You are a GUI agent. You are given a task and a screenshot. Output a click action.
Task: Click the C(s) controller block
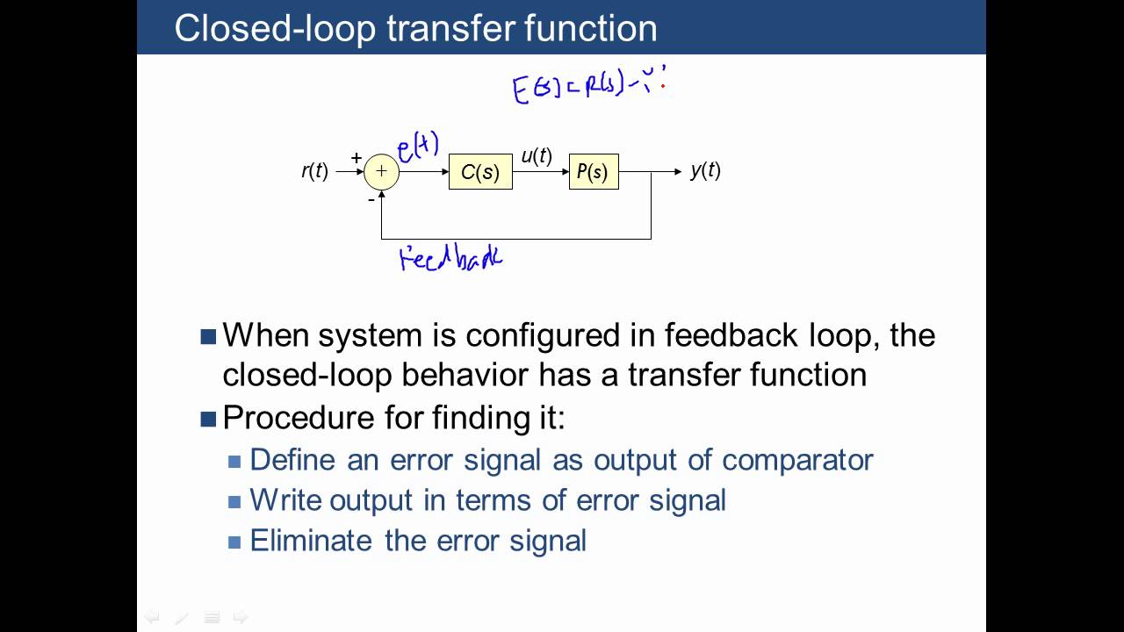[480, 172]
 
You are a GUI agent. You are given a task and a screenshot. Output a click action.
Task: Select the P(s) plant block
[594, 172]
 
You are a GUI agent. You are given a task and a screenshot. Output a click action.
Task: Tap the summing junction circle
[381, 172]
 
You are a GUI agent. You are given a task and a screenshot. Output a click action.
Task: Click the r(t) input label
[314, 172]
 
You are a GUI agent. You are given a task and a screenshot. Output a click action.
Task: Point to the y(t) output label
[705, 171]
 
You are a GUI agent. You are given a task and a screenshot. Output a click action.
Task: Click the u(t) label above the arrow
[536, 156]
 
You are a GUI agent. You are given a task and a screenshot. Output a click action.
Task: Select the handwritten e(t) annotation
[418, 147]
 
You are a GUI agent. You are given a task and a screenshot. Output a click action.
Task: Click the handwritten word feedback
[450, 259]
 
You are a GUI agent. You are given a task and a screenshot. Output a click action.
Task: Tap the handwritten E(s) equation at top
[584, 88]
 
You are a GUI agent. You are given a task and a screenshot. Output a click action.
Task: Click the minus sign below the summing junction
[371, 200]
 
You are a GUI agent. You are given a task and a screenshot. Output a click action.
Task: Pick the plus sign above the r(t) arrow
[357, 158]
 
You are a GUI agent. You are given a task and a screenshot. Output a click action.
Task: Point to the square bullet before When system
[208, 336]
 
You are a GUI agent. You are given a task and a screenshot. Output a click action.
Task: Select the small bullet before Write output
[234, 502]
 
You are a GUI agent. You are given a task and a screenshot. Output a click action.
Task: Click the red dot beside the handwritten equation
[663, 86]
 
